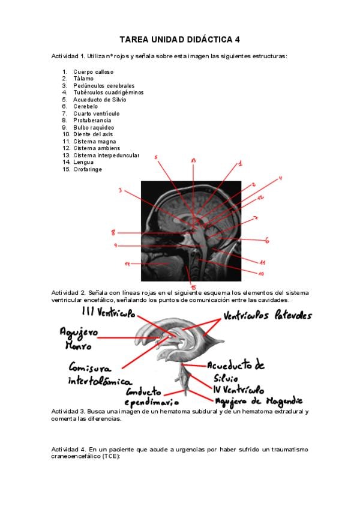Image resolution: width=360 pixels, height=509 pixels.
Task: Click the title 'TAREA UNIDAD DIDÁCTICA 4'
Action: (x=179, y=40)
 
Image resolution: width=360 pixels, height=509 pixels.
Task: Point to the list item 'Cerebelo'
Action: (x=87, y=107)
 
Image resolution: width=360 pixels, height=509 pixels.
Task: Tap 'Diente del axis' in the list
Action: (x=93, y=134)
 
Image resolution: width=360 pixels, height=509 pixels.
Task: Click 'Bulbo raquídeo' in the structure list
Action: (x=94, y=128)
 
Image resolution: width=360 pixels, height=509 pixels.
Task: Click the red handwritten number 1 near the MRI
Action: (x=239, y=163)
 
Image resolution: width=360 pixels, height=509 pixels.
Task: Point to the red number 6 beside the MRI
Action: (x=266, y=241)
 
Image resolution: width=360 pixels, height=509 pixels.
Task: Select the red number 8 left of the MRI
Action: (x=113, y=232)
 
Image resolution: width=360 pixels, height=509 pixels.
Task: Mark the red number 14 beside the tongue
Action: (x=127, y=264)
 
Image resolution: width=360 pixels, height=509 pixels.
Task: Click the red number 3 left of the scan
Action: (x=121, y=191)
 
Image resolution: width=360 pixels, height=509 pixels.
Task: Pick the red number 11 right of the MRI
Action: (x=263, y=262)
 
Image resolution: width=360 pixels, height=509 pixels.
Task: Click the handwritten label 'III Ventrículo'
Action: (x=108, y=313)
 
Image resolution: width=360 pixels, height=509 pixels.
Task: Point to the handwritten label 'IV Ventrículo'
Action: (x=239, y=389)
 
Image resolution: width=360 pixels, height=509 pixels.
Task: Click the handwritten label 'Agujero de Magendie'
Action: (x=259, y=400)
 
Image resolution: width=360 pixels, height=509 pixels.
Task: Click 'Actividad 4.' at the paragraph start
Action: (x=68, y=449)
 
